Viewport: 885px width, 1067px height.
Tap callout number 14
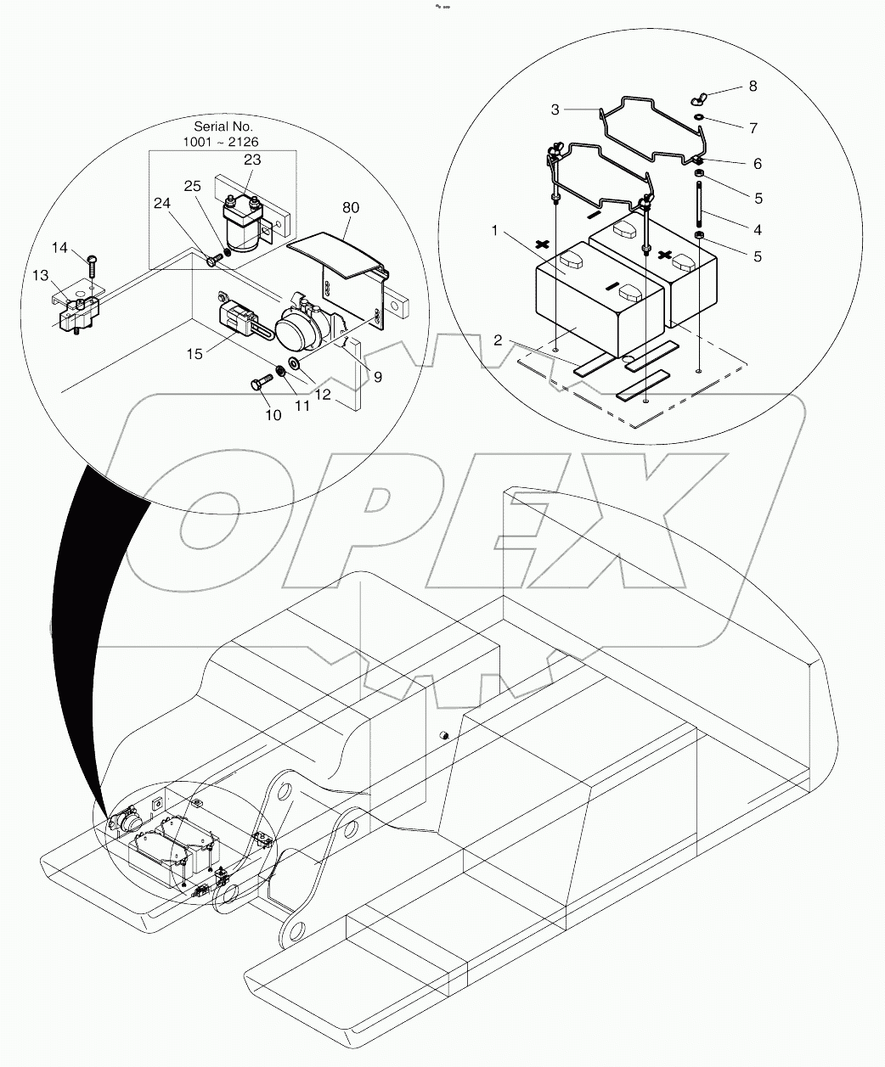click(x=59, y=247)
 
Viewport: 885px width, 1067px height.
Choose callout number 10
click(x=273, y=415)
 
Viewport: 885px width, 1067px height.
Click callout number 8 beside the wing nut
click(x=753, y=87)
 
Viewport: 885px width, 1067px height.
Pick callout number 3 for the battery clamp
click(x=555, y=110)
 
